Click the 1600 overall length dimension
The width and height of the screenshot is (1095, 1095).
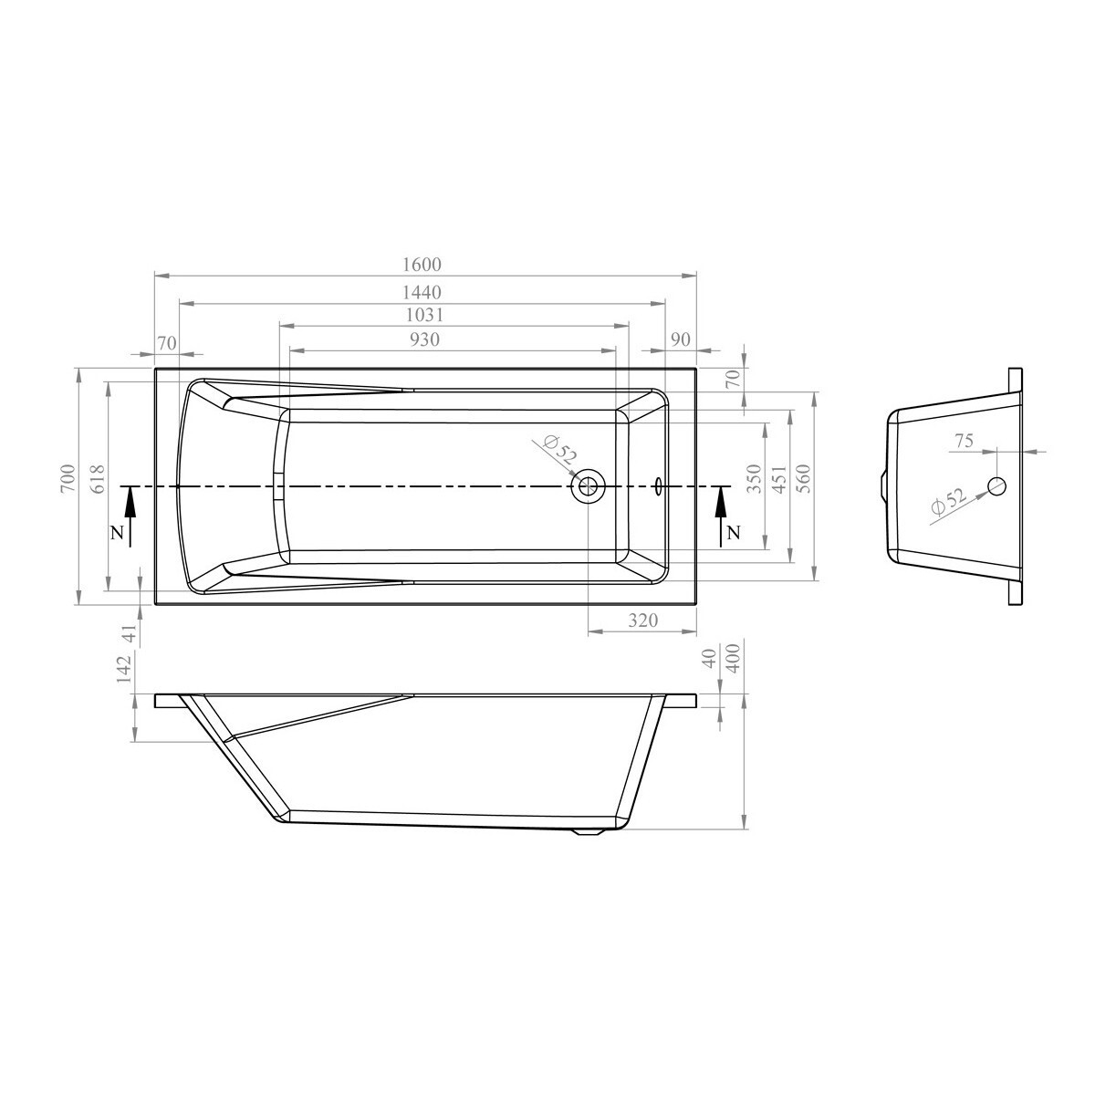click(x=422, y=265)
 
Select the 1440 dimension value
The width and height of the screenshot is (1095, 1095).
click(x=422, y=293)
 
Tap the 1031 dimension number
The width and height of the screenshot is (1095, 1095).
click(x=424, y=315)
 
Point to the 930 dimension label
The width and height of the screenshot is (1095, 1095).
click(x=424, y=339)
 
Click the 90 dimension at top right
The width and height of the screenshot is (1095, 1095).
click(x=680, y=339)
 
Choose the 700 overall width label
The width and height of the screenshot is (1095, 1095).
click(x=68, y=478)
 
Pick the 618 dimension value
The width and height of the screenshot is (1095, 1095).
click(x=98, y=478)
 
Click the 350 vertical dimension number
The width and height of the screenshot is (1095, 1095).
click(x=754, y=478)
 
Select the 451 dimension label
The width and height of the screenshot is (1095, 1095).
click(x=779, y=478)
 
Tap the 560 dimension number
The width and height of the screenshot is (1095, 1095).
click(x=805, y=478)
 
